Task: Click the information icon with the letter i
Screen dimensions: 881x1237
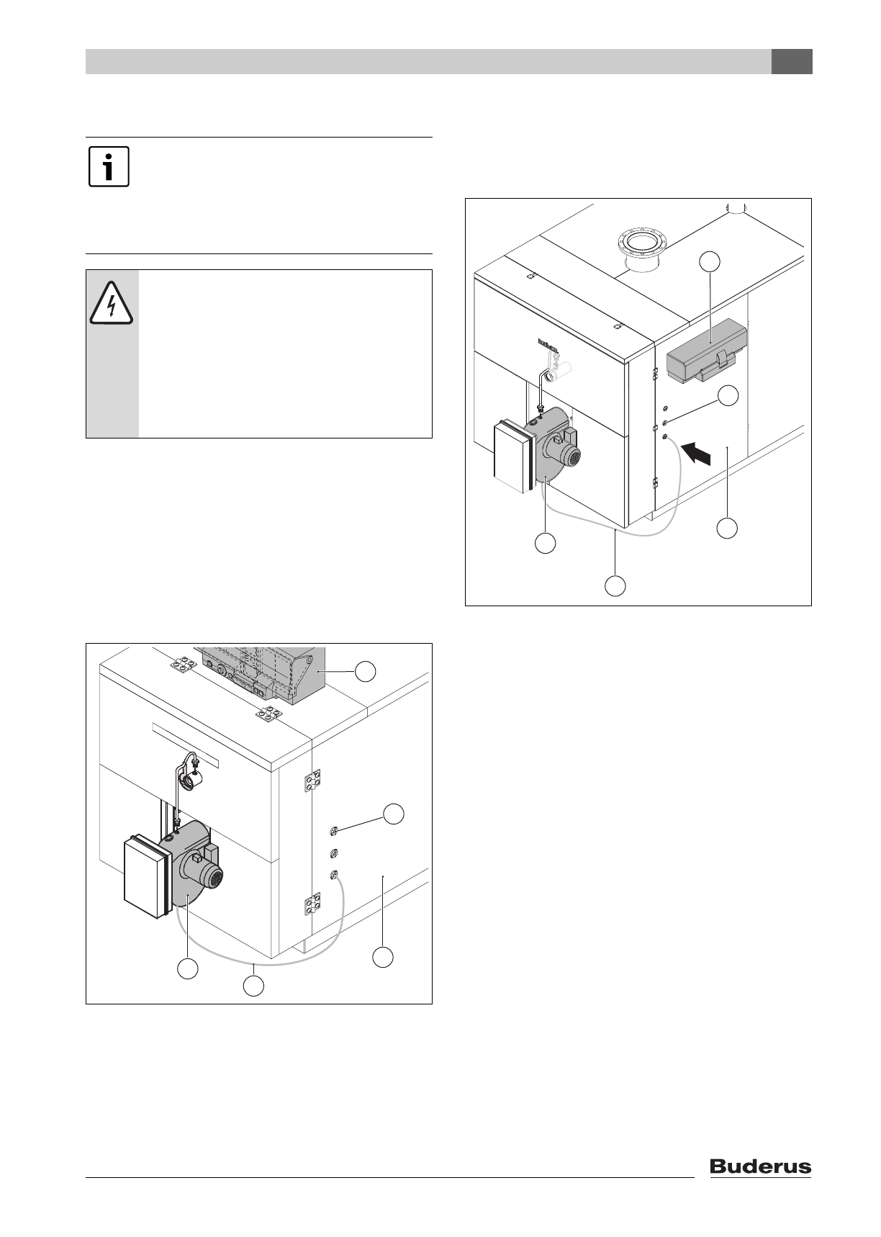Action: [109, 167]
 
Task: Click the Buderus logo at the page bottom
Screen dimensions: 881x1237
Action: [760, 1166]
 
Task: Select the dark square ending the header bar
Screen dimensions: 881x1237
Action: [792, 62]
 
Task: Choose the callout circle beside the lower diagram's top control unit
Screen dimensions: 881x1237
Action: [366, 672]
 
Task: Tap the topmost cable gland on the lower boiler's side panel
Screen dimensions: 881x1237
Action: [333, 833]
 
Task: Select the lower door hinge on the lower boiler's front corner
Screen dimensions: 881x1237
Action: [312, 904]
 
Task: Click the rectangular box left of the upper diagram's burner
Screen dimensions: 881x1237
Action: [514, 457]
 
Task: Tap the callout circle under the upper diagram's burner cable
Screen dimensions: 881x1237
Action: [615, 585]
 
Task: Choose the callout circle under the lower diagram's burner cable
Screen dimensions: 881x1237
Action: [252, 986]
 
